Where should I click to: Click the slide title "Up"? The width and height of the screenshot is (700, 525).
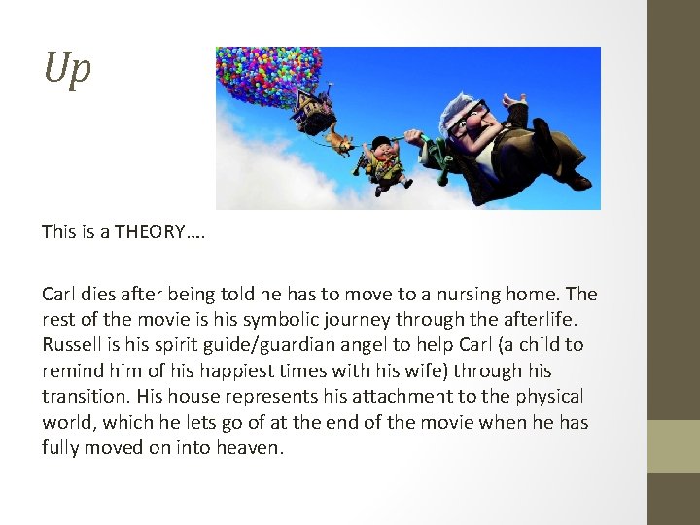click(67, 69)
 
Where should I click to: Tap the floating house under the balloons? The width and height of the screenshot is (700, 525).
click(313, 109)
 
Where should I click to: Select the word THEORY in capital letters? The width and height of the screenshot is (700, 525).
click(147, 232)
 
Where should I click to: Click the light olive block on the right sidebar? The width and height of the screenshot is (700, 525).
click(674, 446)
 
